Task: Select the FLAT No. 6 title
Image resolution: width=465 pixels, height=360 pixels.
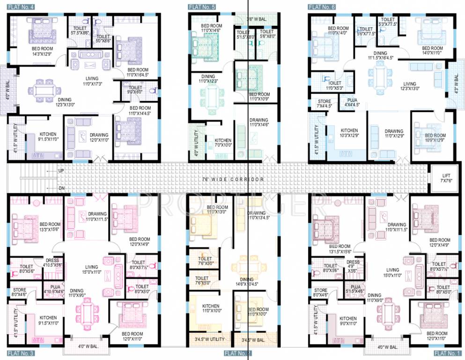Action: pyautogui.click(x=321, y=7)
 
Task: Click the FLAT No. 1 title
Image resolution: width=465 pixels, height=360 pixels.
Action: pyautogui.click(x=447, y=352)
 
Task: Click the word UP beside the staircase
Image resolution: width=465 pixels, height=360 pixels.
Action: pyautogui.click(x=61, y=171)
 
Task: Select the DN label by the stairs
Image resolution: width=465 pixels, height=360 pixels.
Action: pyautogui.click(x=61, y=188)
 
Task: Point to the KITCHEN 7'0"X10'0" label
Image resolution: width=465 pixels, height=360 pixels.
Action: pyautogui.click(x=223, y=142)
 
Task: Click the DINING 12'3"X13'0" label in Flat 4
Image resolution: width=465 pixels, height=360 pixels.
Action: pyautogui.click(x=65, y=102)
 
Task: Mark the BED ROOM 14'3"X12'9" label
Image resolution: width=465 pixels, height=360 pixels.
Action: pyautogui.click(x=42, y=51)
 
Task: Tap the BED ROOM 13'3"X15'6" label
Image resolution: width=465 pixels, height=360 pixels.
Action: pyautogui.click(x=50, y=226)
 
